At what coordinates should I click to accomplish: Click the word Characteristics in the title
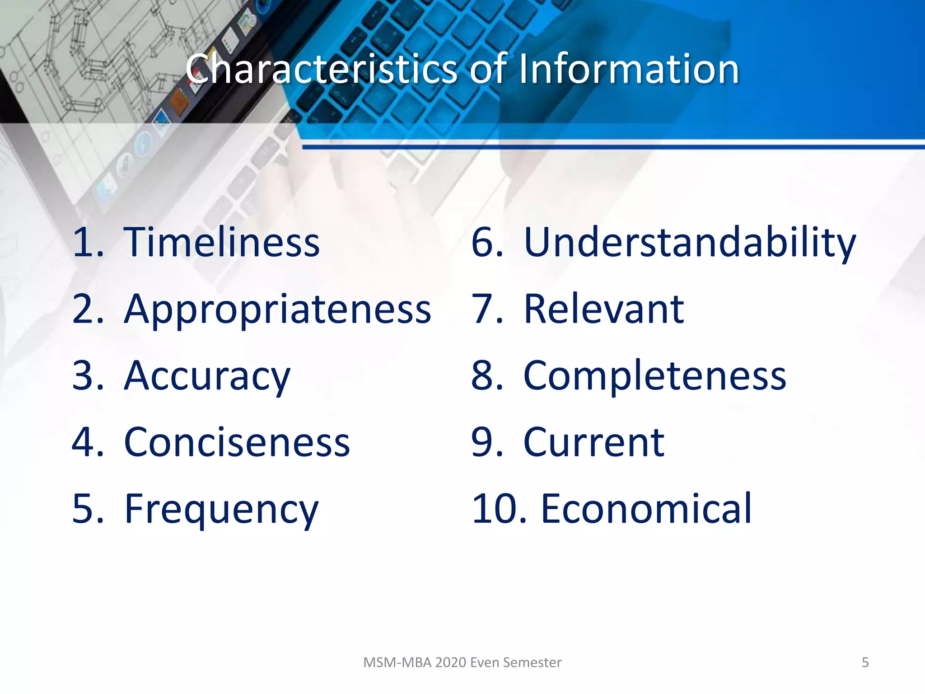[322, 69]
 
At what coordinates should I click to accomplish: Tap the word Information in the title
[628, 69]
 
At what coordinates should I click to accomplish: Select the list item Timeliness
[221, 243]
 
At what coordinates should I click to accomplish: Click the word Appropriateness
[277, 309]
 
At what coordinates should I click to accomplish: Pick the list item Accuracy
[207, 376]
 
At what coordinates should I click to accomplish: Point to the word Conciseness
[237, 443]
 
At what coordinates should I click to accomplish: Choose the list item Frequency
[221, 510]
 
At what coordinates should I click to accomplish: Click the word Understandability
[689, 243]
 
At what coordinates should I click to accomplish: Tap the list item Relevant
[603, 309]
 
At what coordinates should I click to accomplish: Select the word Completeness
[654, 376]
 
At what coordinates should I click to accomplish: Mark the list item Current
[593, 443]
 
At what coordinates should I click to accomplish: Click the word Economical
[646, 510]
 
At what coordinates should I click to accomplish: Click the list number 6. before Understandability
[487, 243]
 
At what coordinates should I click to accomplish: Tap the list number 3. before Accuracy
[88, 376]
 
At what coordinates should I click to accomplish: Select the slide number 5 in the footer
[865, 662]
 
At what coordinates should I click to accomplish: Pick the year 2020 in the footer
[451, 662]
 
